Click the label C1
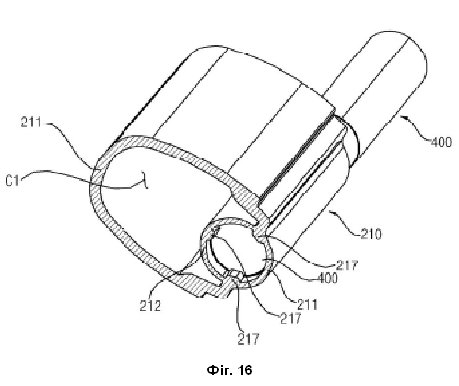[x=13, y=180]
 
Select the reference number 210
[x=371, y=233]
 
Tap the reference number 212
[x=151, y=305]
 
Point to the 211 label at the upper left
[x=31, y=123]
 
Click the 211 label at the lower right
[x=307, y=304]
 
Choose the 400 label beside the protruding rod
[x=441, y=142]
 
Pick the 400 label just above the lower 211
[x=328, y=278]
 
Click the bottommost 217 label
[x=248, y=339]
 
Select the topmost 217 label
[x=347, y=265]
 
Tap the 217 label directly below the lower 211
[x=291, y=318]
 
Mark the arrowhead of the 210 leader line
[x=331, y=212]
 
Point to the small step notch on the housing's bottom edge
[x=203, y=295]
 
